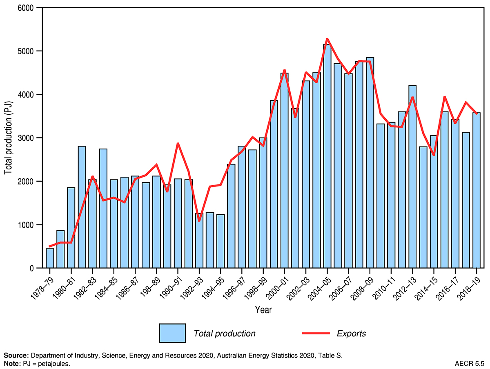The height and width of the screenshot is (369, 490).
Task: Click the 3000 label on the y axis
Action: point(27,138)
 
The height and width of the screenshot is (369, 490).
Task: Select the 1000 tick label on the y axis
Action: point(27,225)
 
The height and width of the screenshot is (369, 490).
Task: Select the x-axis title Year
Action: point(263,310)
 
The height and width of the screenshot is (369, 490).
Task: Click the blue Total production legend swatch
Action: point(172,333)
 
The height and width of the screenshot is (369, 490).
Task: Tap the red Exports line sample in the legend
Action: point(315,333)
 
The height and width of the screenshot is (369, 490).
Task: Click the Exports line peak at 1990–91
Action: point(178,143)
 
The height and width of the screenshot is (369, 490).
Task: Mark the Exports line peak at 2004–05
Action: point(327,39)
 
